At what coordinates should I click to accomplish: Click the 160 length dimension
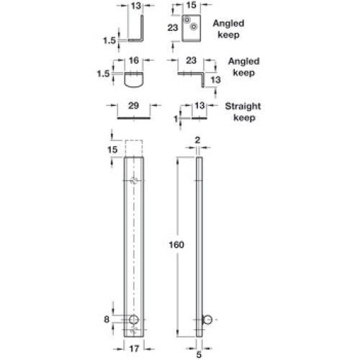tap(176, 245)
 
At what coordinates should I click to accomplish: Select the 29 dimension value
tap(133, 106)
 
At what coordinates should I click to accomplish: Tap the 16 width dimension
tap(134, 60)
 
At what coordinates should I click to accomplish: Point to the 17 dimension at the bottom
tap(134, 348)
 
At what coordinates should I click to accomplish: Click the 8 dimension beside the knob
tap(107, 320)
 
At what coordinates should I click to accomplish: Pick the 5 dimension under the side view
tap(199, 354)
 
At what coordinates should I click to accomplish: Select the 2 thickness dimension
tap(197, 140)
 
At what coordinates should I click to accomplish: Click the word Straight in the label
tap(243, 107)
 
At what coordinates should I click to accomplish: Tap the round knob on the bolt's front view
tap(134, 320)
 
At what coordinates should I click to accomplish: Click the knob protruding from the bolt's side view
tap(208, 320)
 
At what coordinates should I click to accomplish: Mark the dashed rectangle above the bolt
tap(134, 148)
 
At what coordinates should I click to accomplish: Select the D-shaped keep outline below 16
tap(134, 80)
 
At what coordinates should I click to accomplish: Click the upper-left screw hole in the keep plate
tap(186, 19)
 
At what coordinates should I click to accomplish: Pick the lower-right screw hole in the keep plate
tap(194, 27)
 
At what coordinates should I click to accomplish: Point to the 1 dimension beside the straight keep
tap(176, 119)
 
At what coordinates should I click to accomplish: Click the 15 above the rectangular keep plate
tap(191, 5)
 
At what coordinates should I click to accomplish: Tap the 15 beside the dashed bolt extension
tap(112, 150)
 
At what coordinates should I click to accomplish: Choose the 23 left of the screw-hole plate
tap(173, 28)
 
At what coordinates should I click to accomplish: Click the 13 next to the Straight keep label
tap(199, 106)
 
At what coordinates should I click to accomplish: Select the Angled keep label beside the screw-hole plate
tap(228, 29)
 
